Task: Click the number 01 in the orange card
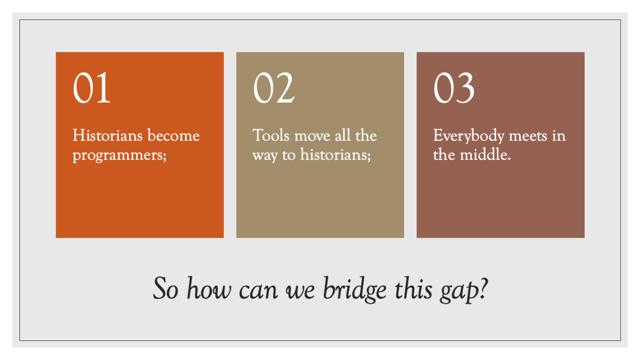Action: click(x=91, y=87)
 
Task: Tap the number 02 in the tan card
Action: click(x=274, y=87)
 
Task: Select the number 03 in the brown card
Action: click(x=454, y=87)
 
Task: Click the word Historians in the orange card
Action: click(x=107, y=135)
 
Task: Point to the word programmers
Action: click(x=119, y=156)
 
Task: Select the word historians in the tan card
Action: click(x=335, y=155)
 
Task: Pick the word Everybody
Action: click(x=469, y=136)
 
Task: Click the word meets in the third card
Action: click(x=528, y=136)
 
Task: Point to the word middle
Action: click(x=485, y=155)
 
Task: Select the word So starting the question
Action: click(x=166, y=288)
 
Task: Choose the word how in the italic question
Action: click(x=209, y=288)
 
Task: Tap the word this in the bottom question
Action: click(x=413, y=288)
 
